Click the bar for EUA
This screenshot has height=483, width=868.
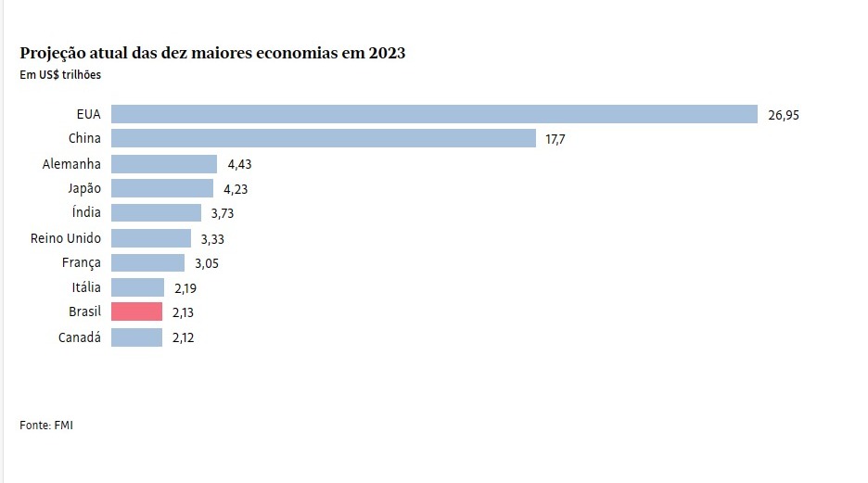435,114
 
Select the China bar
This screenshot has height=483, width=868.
324,139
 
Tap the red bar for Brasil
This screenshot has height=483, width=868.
137,312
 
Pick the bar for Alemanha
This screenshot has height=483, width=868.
164,164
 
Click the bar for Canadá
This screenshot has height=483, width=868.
137,337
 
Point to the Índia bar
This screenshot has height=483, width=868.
156,213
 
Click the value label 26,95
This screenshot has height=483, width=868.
784,115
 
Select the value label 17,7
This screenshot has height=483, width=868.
555,140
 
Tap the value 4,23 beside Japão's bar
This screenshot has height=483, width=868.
236,189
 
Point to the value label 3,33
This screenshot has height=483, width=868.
212,239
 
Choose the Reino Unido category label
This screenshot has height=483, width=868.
66,238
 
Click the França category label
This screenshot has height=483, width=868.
81,263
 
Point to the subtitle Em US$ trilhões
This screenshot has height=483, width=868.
60,75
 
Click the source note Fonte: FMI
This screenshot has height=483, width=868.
46,426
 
